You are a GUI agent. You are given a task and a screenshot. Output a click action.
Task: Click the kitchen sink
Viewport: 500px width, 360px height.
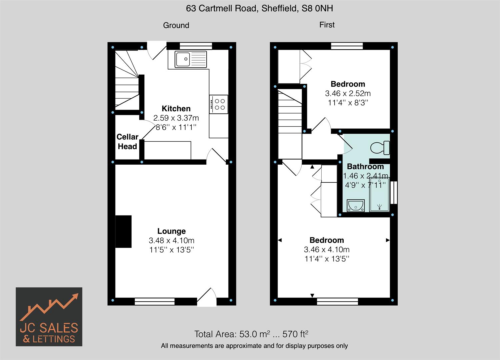[190, 59]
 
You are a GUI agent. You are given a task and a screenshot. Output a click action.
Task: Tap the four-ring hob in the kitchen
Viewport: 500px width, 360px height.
[219, 104]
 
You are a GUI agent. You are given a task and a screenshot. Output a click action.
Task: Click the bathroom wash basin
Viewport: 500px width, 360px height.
[356, 205]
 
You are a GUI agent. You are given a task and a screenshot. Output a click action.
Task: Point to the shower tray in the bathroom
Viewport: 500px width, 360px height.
[379, 195]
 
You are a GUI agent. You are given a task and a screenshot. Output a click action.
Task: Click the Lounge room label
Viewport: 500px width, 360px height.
[171, 231]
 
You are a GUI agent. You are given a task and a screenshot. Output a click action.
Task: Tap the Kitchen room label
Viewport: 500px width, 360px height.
[176, 108]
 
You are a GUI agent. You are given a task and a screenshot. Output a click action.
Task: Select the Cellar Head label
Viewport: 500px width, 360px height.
[127, 142]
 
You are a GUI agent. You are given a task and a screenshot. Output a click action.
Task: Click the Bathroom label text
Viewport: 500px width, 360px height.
[365, 166]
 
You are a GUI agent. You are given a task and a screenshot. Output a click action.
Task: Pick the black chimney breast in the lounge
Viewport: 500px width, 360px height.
[123, 231]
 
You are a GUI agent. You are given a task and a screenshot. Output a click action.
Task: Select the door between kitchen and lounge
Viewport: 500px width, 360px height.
[217, 156]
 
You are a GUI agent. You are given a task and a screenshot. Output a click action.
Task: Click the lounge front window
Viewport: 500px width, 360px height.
[155, 302]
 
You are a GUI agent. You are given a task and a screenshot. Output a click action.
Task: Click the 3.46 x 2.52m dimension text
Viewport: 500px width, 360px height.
[348, 93]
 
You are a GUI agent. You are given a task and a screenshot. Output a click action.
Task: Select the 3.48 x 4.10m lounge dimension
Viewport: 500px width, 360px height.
[171, 240]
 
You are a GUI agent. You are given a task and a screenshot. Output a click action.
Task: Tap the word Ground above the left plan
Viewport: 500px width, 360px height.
[176, 25]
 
